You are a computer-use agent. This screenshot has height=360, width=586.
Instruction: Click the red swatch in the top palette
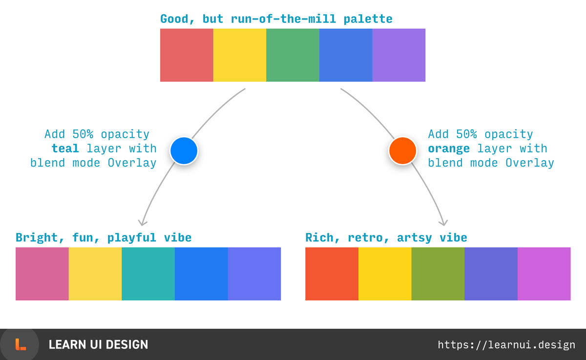(187, 55)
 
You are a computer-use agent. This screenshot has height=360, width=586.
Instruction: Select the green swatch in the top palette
(293, 55)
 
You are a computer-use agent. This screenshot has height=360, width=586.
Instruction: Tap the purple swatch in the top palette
(398, 55)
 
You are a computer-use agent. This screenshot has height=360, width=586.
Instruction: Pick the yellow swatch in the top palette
(240, 55)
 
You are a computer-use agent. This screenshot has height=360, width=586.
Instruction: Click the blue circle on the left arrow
(184, 150)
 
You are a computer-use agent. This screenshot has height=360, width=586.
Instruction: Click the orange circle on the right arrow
(402, 150)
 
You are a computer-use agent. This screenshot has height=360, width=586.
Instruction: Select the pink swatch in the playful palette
(42, 274)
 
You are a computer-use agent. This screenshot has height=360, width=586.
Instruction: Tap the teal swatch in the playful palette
(148, 274)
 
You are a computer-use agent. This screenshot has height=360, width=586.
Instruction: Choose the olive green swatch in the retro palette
(438, 274)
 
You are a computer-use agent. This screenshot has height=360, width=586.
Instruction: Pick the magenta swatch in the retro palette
(544, 274)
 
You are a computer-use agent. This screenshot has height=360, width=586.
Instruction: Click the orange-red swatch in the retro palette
(332, 274)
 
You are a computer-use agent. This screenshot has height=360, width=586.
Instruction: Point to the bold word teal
(65, 148)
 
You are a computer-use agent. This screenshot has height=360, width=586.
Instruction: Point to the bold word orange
(449, 148)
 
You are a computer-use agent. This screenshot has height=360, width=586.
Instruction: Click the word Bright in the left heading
(37, 238)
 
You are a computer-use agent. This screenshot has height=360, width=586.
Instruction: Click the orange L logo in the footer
(20, 344)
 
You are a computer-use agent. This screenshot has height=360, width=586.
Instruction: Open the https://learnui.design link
(506, 345)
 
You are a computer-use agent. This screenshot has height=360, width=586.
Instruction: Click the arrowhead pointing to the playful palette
(142, 222)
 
